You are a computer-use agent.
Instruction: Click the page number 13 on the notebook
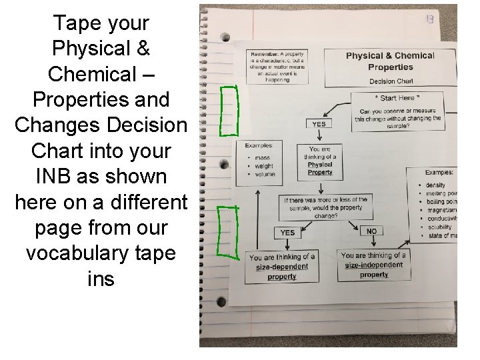(x=430, y=20)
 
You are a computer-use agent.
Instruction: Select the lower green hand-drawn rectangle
(x=229, y=231)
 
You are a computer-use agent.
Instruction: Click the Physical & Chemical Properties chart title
(x=390, y=61)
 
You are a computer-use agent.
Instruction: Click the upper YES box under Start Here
(x=319, y=124)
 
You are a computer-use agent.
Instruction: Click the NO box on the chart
(x=371, y=231)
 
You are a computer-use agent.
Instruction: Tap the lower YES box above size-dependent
(x=287, y=233)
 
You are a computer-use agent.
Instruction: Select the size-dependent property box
(x=281, y=267)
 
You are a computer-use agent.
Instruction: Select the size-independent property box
(x=373, y=265)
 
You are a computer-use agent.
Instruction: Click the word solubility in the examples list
(x=440, y=227)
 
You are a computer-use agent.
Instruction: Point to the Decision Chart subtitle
(x=391, y=81)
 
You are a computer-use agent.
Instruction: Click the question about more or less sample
(x=325, y=207)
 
